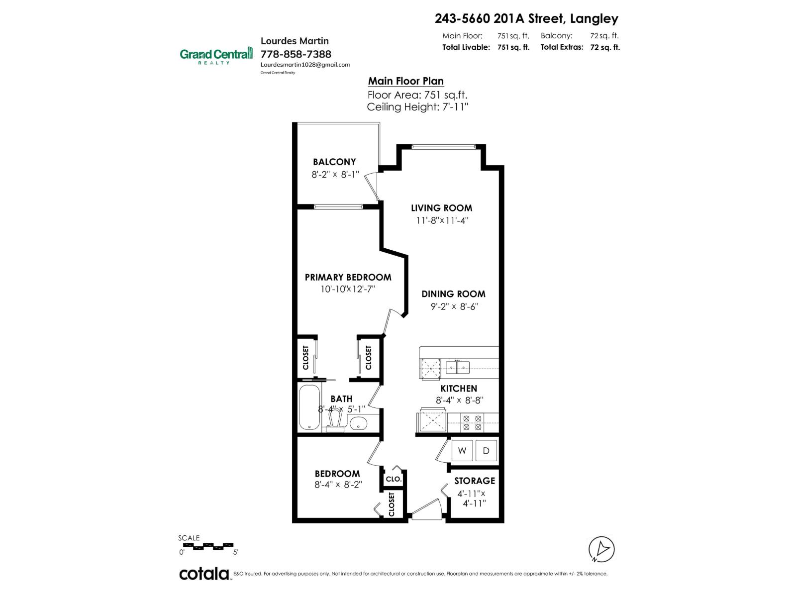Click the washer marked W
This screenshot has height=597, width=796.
(462, 451)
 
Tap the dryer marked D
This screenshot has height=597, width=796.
(486, 451)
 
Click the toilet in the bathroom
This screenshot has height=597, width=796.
(338, 420)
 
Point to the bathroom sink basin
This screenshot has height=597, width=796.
(358, 423)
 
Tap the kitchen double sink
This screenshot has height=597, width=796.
(458, 368)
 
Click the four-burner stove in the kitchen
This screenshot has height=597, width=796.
(473, 422)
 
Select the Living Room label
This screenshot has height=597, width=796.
(441, 208)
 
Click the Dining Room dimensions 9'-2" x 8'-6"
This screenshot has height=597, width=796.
(454, 306)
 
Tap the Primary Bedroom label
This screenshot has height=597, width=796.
(348, 277)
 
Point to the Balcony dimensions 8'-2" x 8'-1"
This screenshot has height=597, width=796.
(334, 175)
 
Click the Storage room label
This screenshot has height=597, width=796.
(474, 481)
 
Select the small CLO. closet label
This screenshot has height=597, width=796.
(394, 479)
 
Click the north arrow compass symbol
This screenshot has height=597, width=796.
(601, 549)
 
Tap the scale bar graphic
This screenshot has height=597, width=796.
(206, 546)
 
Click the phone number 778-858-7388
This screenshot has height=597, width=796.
(296, 54)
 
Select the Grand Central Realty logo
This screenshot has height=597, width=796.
(216, 55)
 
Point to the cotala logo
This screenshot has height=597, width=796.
(204, 574)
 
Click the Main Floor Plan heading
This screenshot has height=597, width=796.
(405, 81)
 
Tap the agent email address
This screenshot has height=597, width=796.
(305, 65)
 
